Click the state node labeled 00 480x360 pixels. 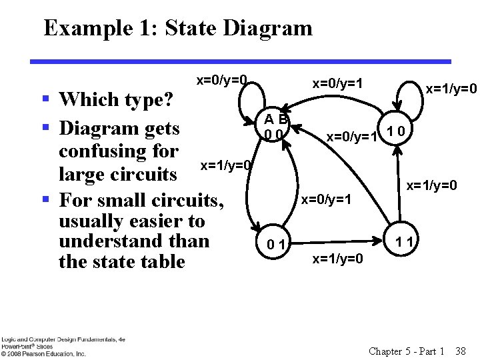click(x=275, y=135)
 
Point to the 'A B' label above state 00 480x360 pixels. click(x=275, y=119)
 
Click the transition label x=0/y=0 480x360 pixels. click(x=222, y=81)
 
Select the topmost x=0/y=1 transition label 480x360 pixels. click(x=338, y=84)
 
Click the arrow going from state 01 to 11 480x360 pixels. click(x=340, y=241)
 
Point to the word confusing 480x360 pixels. click(x=118, y=151)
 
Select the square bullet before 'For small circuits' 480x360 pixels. click(x=45, y=199)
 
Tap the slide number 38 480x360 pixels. click(x=460, y=351)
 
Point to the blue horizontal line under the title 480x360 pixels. click(x=240, y=62)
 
